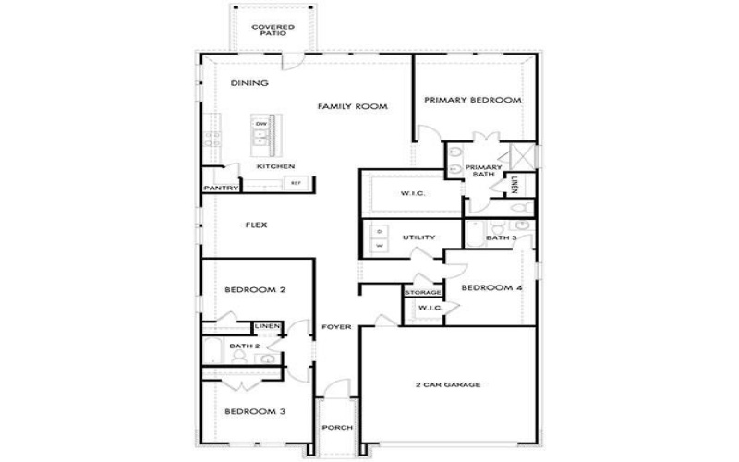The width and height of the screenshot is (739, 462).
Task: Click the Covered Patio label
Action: pyautogui.click(x=273, y=30)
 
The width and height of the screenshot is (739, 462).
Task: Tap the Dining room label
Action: pyautogui.click(x=249, y=83)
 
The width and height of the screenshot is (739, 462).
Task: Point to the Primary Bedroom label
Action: pyautogui.click(x=473, y=100)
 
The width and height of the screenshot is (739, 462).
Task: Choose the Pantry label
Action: pyautogui.click(x=222, y=188)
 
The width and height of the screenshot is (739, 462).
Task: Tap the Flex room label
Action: pyautogui.click(x=256, y=225)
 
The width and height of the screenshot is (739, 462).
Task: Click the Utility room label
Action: pyautogui.click(x=418, y=237)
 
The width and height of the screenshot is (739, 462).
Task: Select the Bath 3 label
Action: pyautogui.click(x=502, y=238)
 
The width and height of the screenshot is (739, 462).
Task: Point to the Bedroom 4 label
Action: pyautogui.click(x=491, y=287)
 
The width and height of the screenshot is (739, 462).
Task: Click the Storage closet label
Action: pyautogui.click(x=422, y=293)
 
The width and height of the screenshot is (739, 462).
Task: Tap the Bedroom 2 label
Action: pyautogui.click(x=255, y=290)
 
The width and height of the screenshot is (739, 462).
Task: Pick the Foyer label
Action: pyautogui.click(x=334, y=328)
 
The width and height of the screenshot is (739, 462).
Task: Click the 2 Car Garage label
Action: pyautogui.click(x=447, y=384)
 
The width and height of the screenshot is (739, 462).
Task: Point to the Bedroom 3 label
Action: pyautogui.click(x=255, y=410)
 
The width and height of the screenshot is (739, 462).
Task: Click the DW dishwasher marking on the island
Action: pyautogui.click(x=261, y=123)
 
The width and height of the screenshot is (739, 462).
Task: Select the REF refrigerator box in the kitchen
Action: pyautogui.click(x=296, y=183)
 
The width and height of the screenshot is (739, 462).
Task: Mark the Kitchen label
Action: pyautogui.click(x=275, y=166)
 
